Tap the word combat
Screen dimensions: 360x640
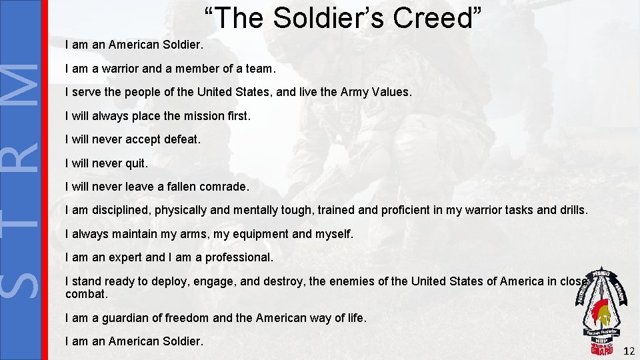86,294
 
